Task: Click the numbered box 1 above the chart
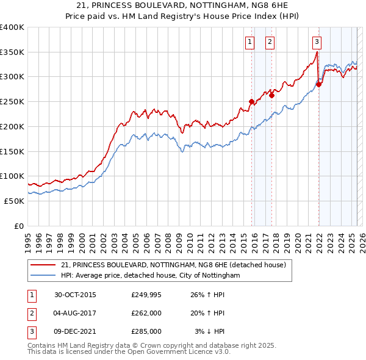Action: coord(250,42)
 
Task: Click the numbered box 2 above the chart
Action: coord(270,42)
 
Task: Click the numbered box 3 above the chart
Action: coord(317,42)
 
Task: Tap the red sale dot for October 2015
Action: coord(251,102)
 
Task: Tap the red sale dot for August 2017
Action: coord(271,95)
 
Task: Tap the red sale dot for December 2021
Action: coord(318,85)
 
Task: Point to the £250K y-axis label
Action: coord(12,102)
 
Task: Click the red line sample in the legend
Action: coord(43,265)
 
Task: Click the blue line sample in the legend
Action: coord(43,276)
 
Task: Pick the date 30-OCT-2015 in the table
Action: coord(75,295)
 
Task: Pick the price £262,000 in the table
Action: coord(146,313)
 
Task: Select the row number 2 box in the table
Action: coord(30,313)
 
